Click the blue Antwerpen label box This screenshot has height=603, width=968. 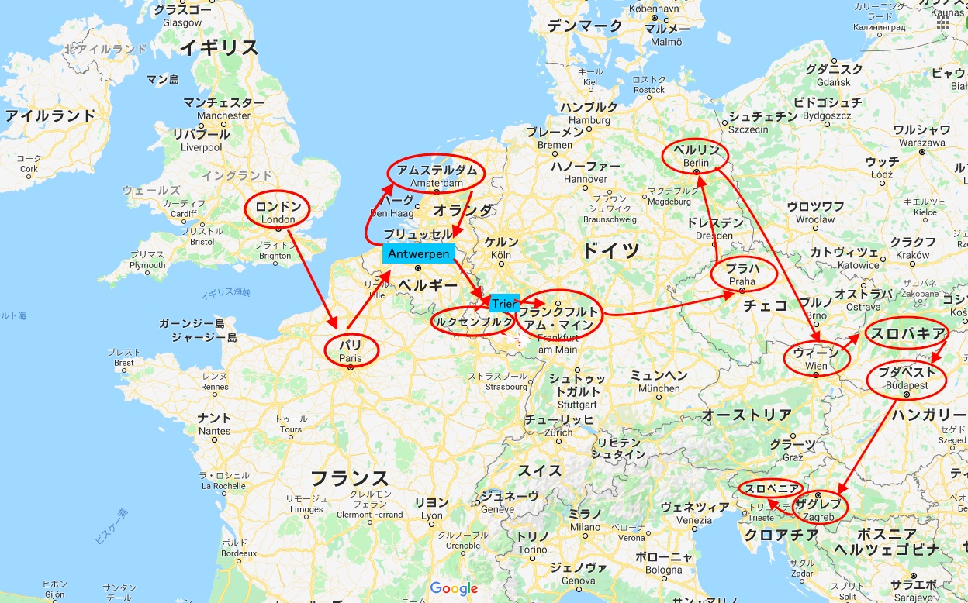418,253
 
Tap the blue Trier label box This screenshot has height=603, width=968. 503,305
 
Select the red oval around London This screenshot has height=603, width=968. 278,210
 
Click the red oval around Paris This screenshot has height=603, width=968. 351,350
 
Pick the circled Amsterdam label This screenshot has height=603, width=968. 436,175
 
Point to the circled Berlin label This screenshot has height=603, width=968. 697,155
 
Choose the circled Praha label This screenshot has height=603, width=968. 742,275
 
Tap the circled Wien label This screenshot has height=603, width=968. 817,359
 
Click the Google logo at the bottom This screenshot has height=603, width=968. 454,588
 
